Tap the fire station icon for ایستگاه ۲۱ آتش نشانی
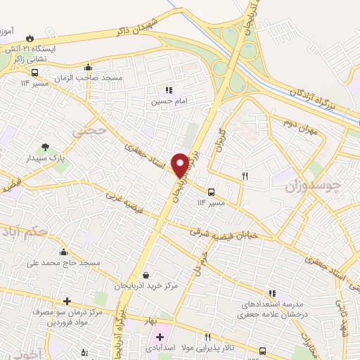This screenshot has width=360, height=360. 29,39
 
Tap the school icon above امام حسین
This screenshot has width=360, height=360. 168,90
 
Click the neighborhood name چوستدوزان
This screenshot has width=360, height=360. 313,187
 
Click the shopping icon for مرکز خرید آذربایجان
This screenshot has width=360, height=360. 146,275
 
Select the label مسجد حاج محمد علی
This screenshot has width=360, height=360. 63,263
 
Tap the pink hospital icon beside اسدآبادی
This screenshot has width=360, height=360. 160,337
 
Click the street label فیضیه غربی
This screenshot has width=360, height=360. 127,206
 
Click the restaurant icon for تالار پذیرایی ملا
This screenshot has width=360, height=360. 208,337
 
